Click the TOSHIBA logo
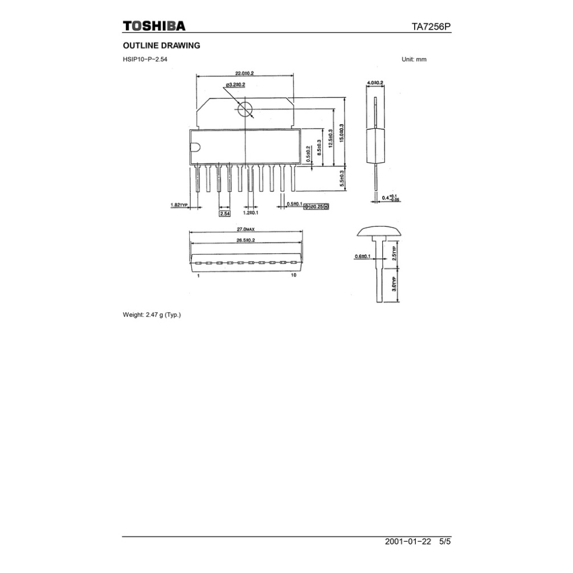tap(154, 26)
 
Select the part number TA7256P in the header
tap(431, 27)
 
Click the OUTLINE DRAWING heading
tap(162, 46)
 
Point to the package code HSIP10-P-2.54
tap(145, 59)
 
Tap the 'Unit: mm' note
tap(414, 59)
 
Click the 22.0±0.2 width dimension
tap(244, 73)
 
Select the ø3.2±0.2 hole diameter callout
tap(235, 85)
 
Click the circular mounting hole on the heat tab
tap(245, 108)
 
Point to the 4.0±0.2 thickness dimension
tap(375, 83)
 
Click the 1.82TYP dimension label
tap(179, 204)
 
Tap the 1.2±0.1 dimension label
tap(251, 212)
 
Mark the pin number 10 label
tap(293, 275)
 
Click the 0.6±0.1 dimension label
tap(362, 256)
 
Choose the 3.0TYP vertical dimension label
tap(396, 285)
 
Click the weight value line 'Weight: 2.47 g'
tap(152, 314)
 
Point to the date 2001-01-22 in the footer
tap(408, 542)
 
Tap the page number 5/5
tap(445, 542)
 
